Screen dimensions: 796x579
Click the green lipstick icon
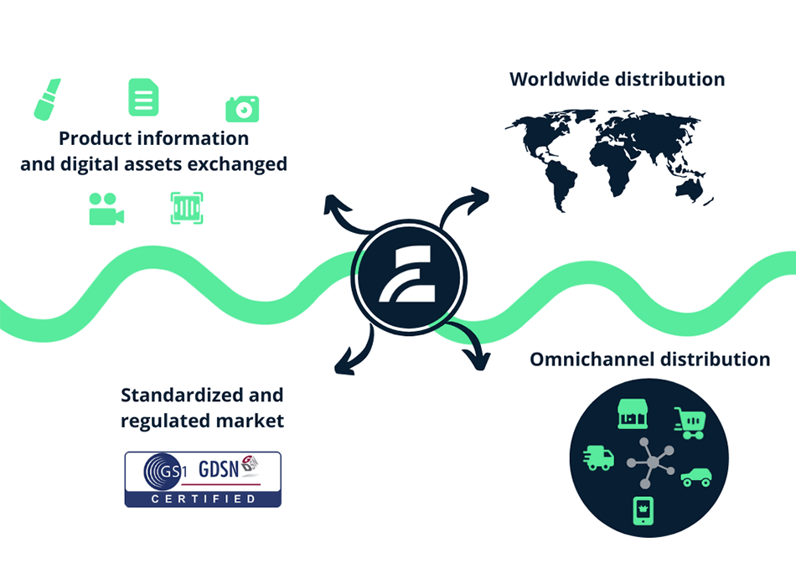tap(47, 100)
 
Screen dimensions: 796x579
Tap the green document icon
tap(143, 97)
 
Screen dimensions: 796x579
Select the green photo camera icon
tap(242, 109)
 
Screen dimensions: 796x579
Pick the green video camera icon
tap(106, 209)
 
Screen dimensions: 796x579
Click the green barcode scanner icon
tap(187, 208)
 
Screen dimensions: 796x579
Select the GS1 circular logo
tap(163, 472)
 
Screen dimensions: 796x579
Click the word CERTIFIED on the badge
tap(203, 499)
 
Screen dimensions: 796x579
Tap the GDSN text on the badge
tap(219, 469)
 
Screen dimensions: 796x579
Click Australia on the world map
tap(689, 189)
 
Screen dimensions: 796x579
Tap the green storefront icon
tap(632, 414)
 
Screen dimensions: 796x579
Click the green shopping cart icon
tap(690, 422)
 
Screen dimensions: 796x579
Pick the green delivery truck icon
tap(598, 458)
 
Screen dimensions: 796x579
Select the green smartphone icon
tap(644, 510)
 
